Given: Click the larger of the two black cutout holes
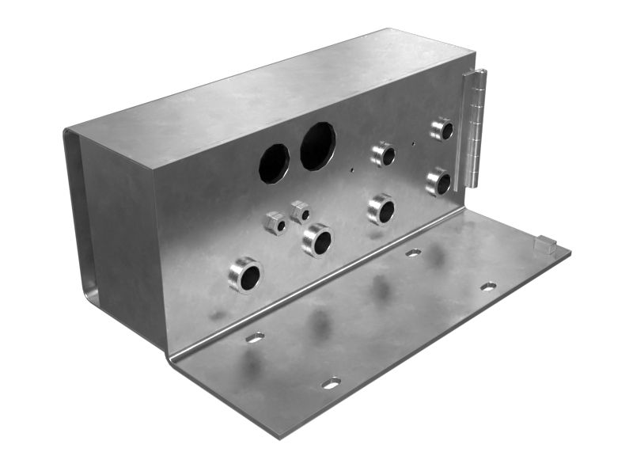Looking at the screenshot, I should (317, 146).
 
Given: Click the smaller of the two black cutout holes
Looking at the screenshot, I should (274, 161).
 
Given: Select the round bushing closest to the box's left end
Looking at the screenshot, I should (245, 275).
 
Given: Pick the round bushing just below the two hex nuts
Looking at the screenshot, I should (317, 240).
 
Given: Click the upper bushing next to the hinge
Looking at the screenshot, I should (442, 129).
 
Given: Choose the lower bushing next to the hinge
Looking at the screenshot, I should (438, 182).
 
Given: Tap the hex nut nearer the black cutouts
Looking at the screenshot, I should (300, 211).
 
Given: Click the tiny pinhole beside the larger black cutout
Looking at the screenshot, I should (351, 169).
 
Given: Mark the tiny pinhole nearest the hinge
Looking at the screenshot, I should (414, 144).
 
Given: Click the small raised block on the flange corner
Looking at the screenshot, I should (545, 244).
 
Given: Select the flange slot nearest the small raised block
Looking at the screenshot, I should (488, 286).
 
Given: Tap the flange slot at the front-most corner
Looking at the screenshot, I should (331, 383).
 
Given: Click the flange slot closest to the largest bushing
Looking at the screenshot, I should (255, 337).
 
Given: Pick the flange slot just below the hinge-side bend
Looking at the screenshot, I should (413, 253).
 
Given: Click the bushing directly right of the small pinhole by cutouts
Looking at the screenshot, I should (384, 154).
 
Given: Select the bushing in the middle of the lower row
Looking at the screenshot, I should (381, 209).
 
